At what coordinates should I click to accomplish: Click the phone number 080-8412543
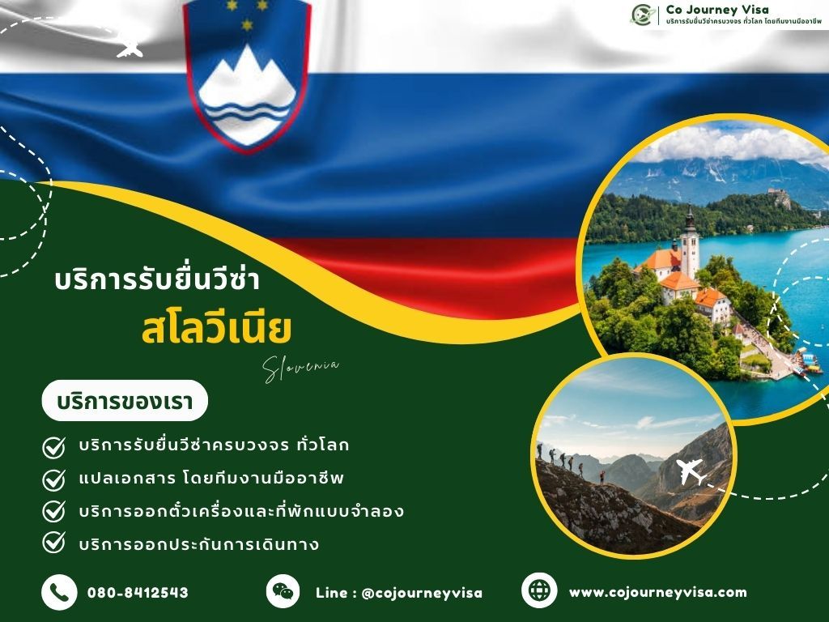click(x=138, y=593)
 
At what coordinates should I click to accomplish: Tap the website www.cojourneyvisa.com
click(x=657, y=592)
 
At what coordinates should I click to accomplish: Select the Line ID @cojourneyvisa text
click(x=399, y=593)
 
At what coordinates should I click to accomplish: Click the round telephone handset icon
click(x=59, y=592)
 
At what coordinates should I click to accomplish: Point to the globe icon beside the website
click(x=539, y=590)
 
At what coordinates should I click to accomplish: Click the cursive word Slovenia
click(x=301, y=369)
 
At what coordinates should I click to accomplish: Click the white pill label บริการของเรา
click(x=125, y=401)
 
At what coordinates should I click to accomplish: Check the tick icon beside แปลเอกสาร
click(x=53, y=479)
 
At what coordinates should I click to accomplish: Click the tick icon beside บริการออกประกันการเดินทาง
click(x=53, y=543)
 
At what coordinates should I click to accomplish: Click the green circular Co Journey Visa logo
click(x=644, y=15)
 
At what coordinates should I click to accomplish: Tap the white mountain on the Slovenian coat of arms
click(x=246, y=81)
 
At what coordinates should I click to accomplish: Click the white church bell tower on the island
click(x=689, y=243)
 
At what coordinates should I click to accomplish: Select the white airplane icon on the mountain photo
click(x=692, y=471)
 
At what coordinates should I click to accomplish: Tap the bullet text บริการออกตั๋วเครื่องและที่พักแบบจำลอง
click(x=241, y=512)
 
